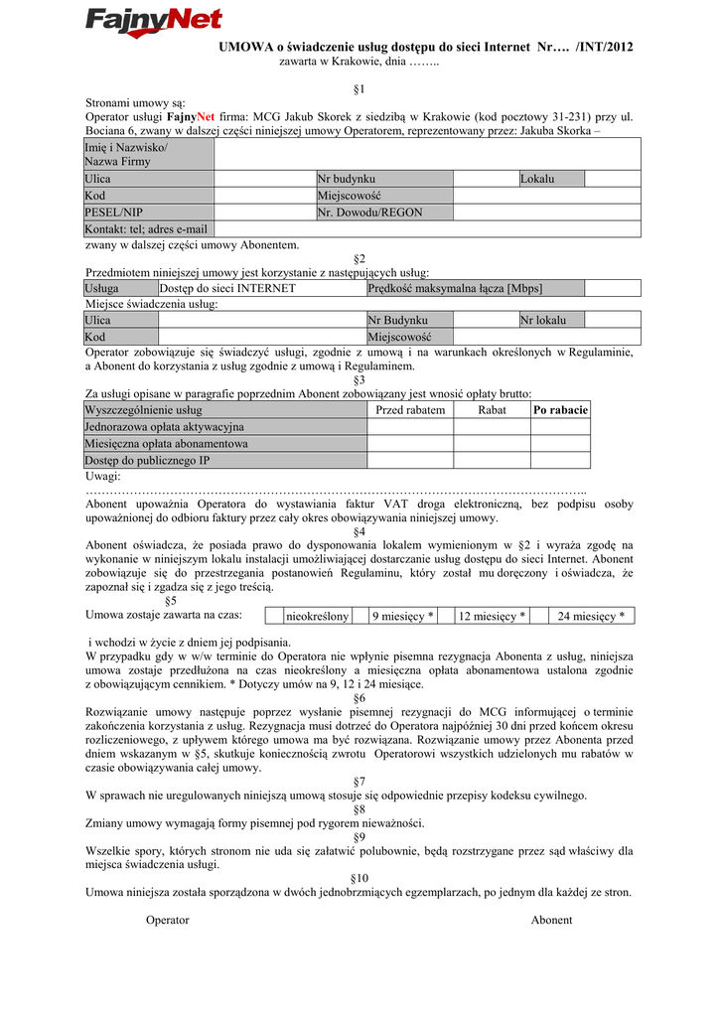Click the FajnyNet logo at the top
click(153, 22)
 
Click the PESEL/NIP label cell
click(149, 213)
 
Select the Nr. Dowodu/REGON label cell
click(383, 213)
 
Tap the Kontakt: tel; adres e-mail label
click(149, 229)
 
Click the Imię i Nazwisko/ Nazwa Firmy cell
click(149, 154)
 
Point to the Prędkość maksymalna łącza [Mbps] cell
click(474, 288)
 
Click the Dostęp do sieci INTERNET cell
click(261, 288)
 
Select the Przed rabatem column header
click(410, 410)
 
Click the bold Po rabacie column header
click(560, 410)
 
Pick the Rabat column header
click(492, 410)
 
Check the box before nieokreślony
click(273, 617)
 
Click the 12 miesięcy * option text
click(492, 617)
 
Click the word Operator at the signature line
click(167, 920)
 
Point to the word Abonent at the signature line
click(551, 920)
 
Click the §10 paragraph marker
click(359, 878)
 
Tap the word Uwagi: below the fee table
click(103, 477)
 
